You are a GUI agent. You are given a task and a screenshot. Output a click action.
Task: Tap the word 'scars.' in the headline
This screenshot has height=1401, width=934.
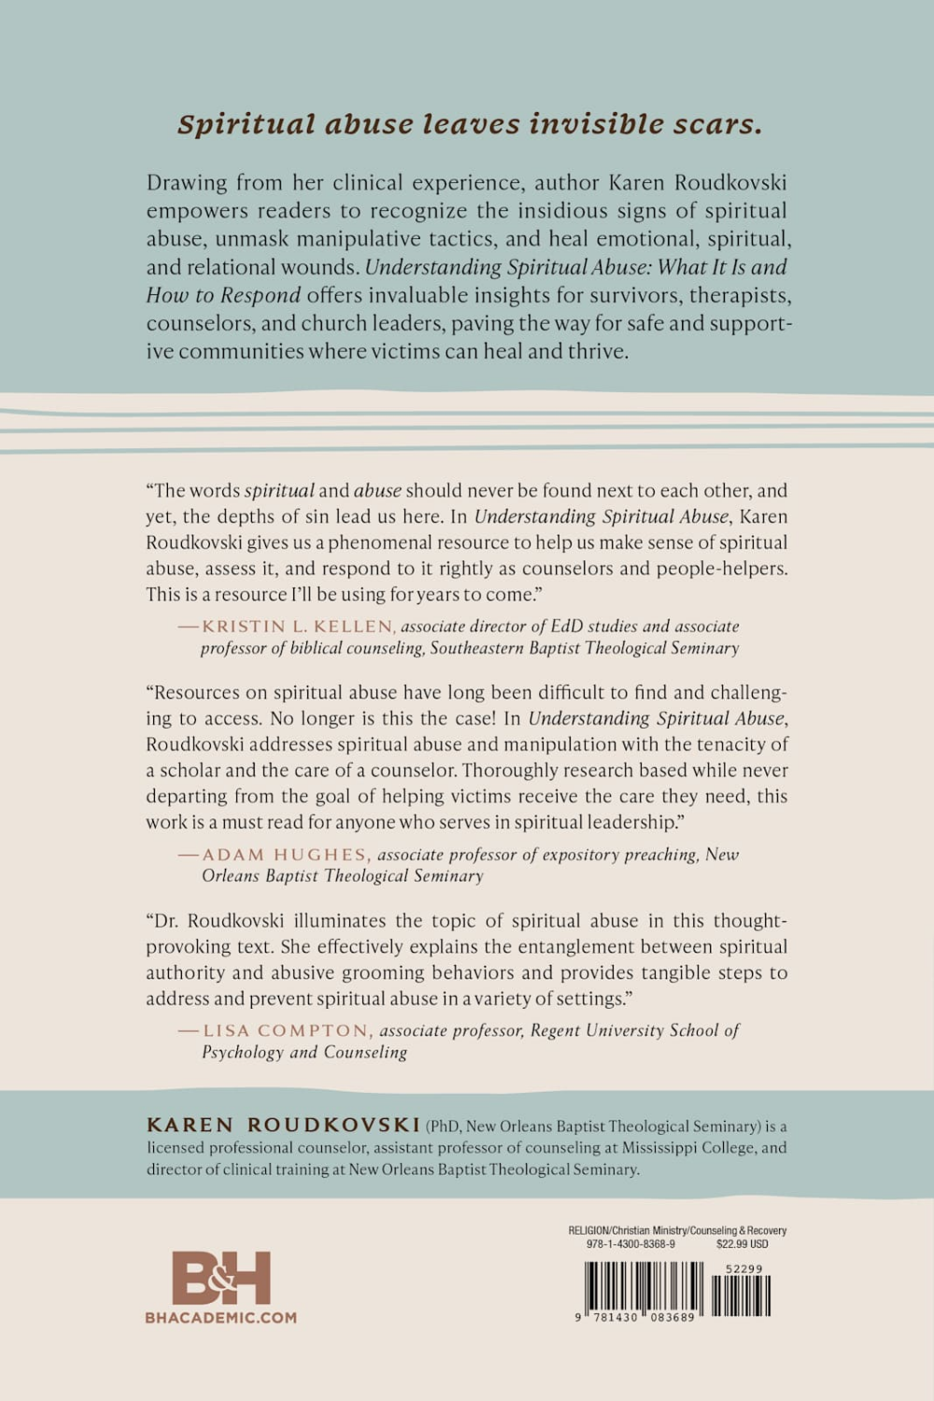(719, 123)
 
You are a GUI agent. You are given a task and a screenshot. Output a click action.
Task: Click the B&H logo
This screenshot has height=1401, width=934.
(221, 1278)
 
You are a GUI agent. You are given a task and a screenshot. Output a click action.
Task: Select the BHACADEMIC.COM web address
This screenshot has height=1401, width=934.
(221, 1318)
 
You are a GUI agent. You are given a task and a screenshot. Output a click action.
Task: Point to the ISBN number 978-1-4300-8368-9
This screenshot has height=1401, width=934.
(630, 1244)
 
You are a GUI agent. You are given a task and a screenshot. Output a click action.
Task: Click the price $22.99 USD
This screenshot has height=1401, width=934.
(743, 1244)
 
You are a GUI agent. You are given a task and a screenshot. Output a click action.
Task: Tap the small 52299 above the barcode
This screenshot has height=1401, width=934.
(744, 1269)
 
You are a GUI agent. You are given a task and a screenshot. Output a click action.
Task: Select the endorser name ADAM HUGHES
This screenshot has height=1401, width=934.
(286, 855)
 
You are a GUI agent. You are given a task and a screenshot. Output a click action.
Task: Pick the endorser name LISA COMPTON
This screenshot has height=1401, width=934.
(288, 1030)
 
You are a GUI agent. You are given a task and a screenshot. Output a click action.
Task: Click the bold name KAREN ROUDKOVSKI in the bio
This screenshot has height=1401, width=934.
(283, 1125)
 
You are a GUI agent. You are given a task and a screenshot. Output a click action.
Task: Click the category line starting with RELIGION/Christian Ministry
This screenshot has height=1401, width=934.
(677, 1231)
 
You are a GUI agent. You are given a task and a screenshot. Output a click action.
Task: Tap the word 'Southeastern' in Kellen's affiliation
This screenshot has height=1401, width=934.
(477, 648)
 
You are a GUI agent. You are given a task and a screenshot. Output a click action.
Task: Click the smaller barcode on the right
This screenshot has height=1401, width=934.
(742, 1295)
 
